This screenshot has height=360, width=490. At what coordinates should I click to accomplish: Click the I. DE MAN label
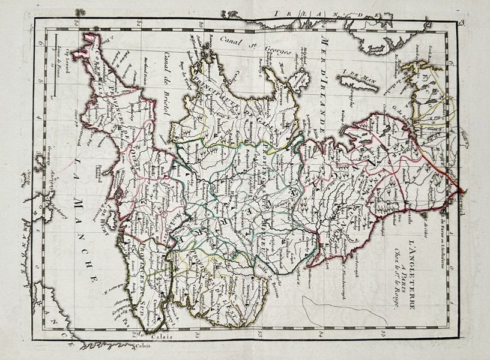353,74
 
